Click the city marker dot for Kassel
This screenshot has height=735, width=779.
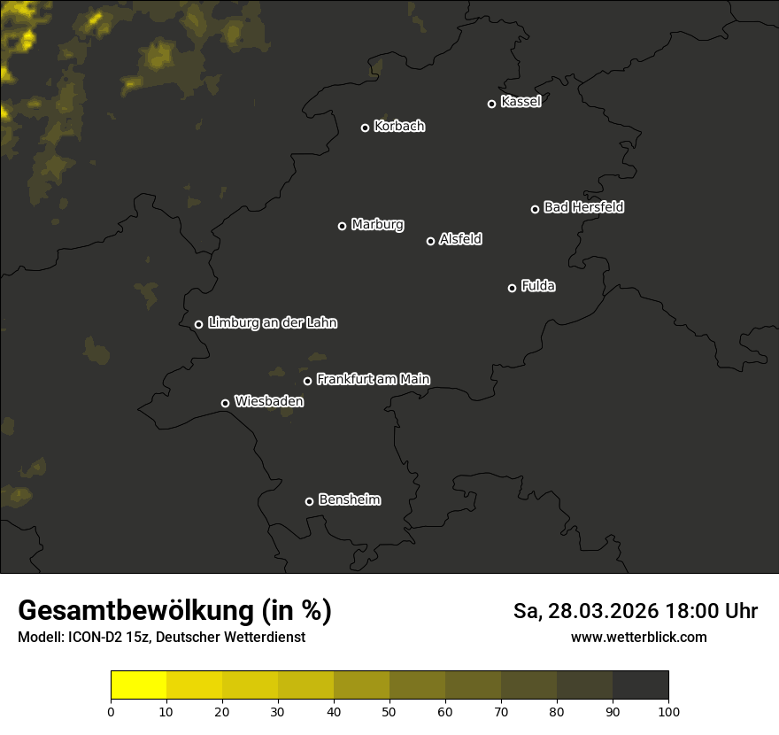click(491, 104)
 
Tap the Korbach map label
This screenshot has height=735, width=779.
click(399, 127)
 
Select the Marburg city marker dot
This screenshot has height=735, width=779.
click(342, 226)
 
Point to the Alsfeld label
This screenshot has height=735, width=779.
click(460, 239)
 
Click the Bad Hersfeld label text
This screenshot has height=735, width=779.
click(583, 207)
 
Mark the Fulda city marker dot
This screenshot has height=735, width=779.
click(512, 288)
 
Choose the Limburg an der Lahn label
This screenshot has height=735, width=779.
click(273, 323)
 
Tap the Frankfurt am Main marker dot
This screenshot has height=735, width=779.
click(307, 381)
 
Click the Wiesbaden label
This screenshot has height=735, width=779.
click(269, 401)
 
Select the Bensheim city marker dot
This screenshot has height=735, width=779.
click(309, 501)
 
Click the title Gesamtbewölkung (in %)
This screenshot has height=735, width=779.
click(174, 611)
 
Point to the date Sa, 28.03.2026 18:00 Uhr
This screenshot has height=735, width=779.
click(636, 611)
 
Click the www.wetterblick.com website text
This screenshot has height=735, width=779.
click(638, 637)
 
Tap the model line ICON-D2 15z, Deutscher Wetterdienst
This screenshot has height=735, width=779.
click(161, 637)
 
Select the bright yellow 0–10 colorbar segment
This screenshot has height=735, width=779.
click(139, 685)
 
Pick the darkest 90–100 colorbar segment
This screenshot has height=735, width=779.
click(640, 685)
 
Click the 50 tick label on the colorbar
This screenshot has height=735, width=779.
click(389, 711)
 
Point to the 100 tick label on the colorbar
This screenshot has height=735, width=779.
click(668, 711)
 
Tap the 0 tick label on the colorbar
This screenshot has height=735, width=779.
click(111, 711)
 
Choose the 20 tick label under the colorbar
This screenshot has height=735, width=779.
click(222, 711)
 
